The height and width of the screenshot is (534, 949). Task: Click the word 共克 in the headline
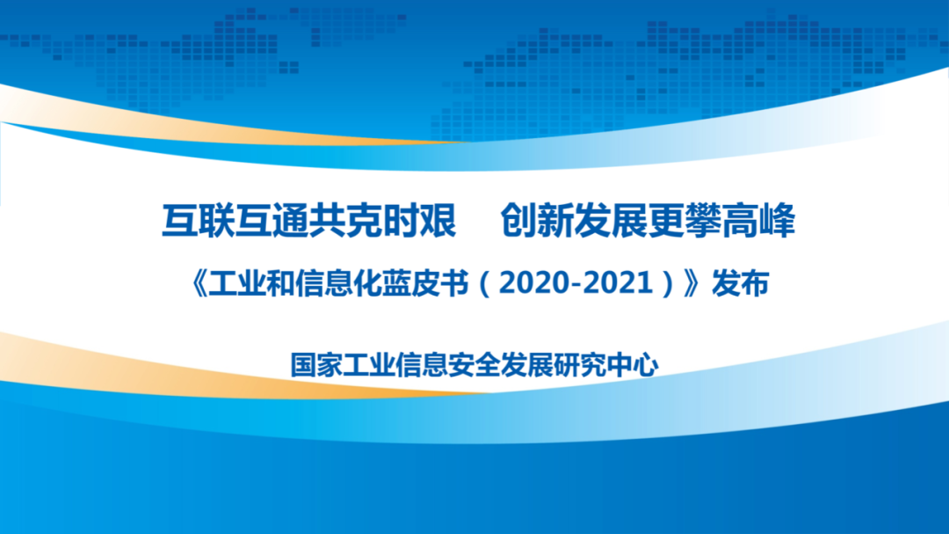(345, 221)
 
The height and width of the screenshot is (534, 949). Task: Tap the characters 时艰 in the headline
(419, 221)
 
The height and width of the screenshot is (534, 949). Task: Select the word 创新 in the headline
(537, 221)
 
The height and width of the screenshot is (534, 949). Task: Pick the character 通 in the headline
(291, 221)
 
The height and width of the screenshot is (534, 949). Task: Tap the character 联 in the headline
(217, 221)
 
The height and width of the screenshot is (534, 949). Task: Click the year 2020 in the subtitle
(534, 283)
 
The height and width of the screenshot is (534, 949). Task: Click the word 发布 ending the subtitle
(740, 283)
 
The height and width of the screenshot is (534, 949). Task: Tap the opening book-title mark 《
(198, 283)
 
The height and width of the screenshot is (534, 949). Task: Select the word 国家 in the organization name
(316, 365)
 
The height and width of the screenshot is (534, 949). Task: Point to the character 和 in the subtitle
(280, 283)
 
